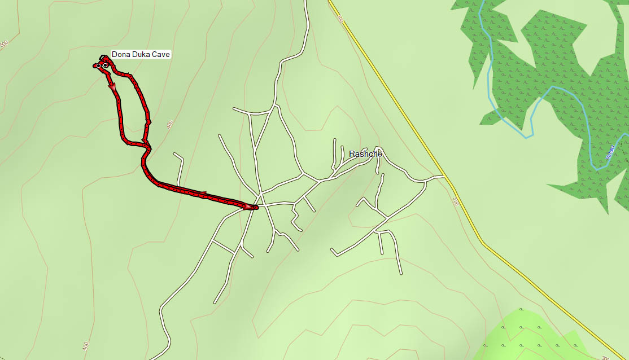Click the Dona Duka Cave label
tap(141, 55)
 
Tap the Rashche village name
tap(365, 154)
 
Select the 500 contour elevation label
tap(4, 43)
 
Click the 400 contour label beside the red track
tap(170, 124)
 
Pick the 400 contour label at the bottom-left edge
tap(85, 345)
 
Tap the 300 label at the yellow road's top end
tap(340, 19)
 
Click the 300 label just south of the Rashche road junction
tap(455, 201)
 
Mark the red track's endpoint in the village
tap(256, 208)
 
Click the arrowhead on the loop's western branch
tap(112, 86)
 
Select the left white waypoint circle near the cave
tap(98, 66)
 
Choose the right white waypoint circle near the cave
tap(105, 65)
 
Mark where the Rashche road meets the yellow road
tap(445, 177)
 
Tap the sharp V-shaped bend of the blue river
tap(531, 135)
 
